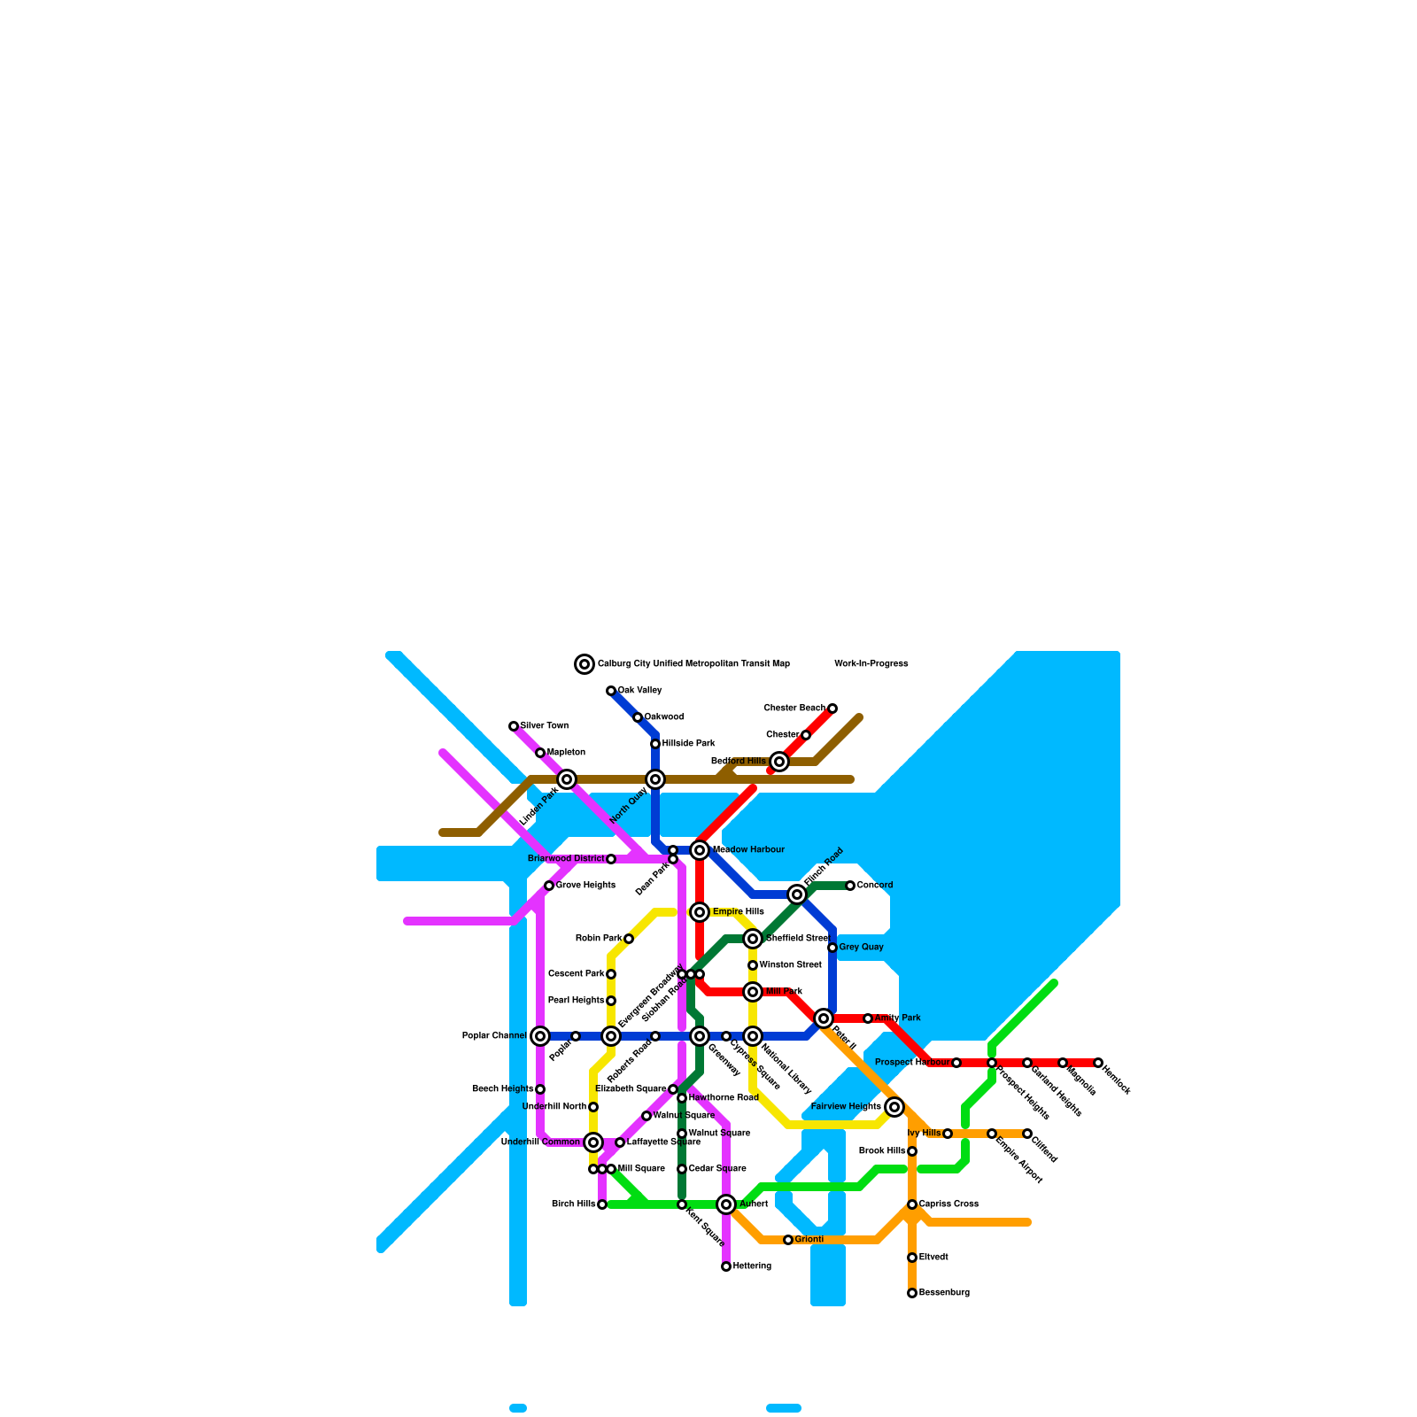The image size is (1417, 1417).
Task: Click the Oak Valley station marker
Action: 611,691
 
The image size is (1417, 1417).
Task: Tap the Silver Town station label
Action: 544,726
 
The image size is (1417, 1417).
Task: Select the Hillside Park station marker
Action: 655,744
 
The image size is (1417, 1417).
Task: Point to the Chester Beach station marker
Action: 832,708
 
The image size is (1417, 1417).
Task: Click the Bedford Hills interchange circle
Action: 779,762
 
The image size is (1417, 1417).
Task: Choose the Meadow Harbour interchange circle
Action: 700,850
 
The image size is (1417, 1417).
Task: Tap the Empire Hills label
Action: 738,912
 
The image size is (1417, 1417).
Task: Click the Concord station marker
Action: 850,886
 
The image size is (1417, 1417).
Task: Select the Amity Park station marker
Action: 868,1018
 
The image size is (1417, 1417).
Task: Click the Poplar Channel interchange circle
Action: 540,1036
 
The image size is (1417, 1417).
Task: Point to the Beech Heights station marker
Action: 540,1089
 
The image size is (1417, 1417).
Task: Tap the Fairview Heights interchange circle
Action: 894,1107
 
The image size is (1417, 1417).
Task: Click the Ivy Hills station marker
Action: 948,1134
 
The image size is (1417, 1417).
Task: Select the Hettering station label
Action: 752,1266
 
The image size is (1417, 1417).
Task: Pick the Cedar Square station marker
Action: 682,1169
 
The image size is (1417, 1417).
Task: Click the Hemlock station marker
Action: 1098,1063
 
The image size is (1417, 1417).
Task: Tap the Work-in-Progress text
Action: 871,664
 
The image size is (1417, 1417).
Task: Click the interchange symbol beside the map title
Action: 585,664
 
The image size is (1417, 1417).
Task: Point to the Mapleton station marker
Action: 540,753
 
